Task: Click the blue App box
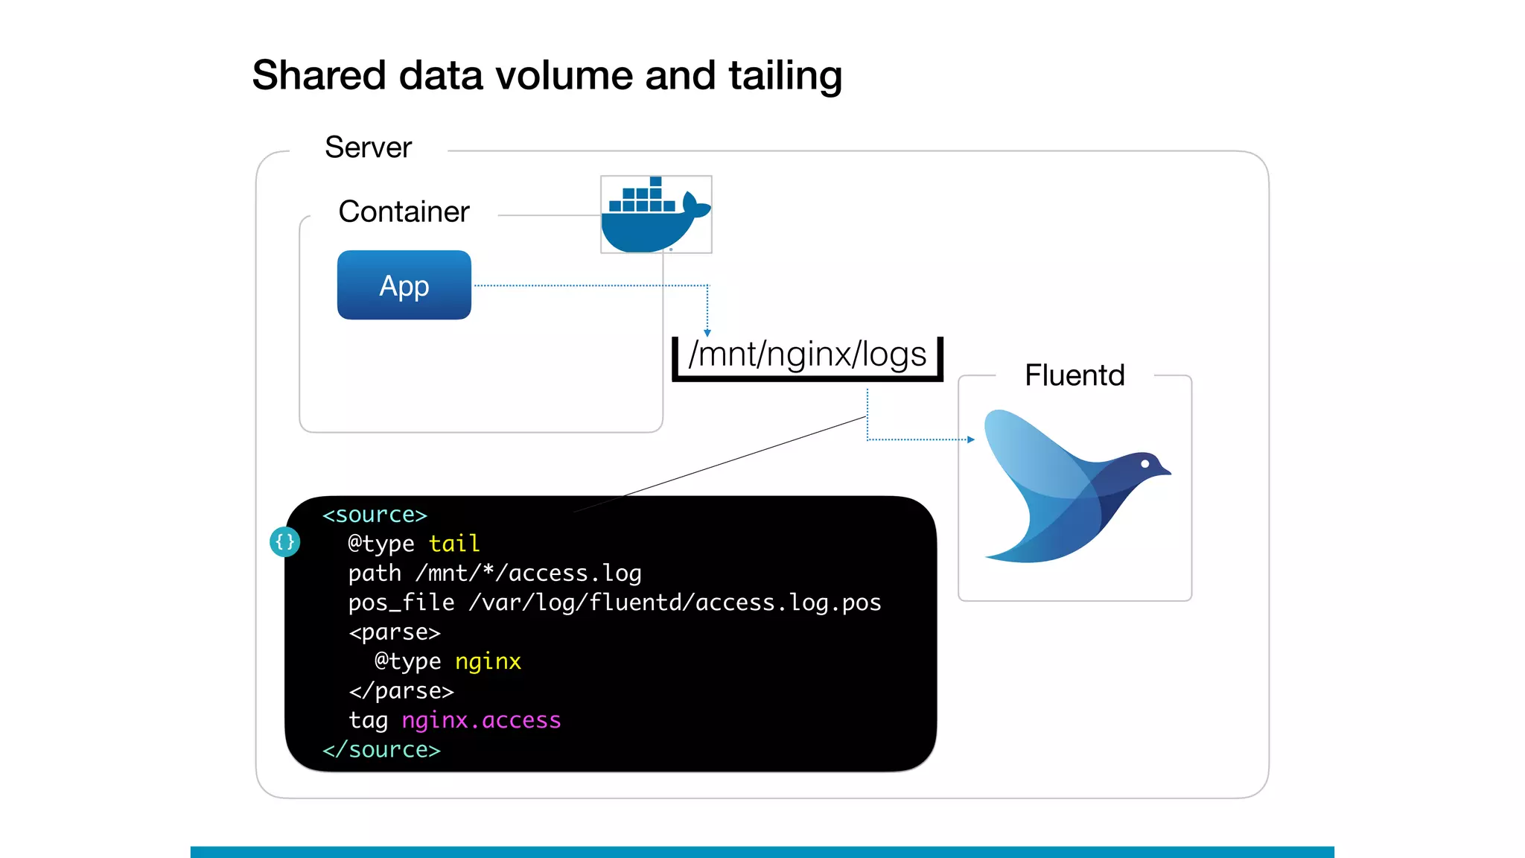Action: click(404, 285)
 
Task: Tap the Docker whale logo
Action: click(655, 216)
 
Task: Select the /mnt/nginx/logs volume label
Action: click(807, 355)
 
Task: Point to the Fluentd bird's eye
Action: click(1145, 464)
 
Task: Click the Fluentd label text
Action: click(1074, 375)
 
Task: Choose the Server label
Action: click(368, 147)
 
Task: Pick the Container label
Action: click(404, 212)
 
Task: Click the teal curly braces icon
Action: click(284, 541)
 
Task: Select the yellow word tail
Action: click(454, 544)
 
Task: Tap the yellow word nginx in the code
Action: click(488, 661)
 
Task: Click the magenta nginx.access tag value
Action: click(481, 720)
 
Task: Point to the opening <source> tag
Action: click(375, 515)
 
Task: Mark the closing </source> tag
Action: click(381, 749)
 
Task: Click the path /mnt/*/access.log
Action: click(529, 573)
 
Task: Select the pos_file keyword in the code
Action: click(401, 603)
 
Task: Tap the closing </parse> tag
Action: click(401, 691)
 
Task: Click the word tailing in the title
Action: click(785, 76)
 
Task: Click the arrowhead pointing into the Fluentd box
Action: click(970, 439)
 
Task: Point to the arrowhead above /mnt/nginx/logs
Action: click(707, 333)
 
